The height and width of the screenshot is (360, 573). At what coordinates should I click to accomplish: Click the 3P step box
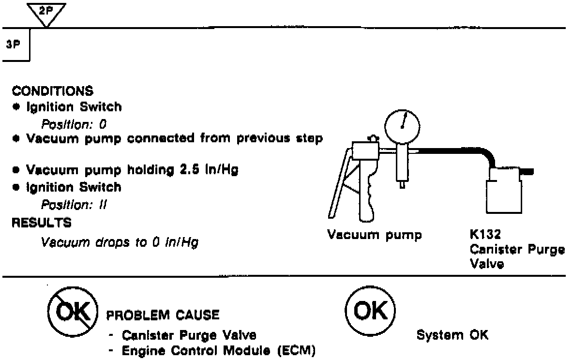pyautogui.click(x=16, y=45)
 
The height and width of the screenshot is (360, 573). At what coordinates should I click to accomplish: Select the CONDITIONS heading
pyautogui.click(x=53, y=91)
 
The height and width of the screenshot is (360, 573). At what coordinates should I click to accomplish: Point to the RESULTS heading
pyautogui.click(x=41, y=223)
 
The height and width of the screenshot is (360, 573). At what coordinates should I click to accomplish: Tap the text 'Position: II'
pyautogui.click(x=74, y=205)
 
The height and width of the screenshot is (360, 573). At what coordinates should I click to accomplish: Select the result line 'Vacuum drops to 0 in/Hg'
pyautogui.click(x=120, y=242)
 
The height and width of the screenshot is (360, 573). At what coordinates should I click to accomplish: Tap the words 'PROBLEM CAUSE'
pyautogui.click(x=163, y=315)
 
